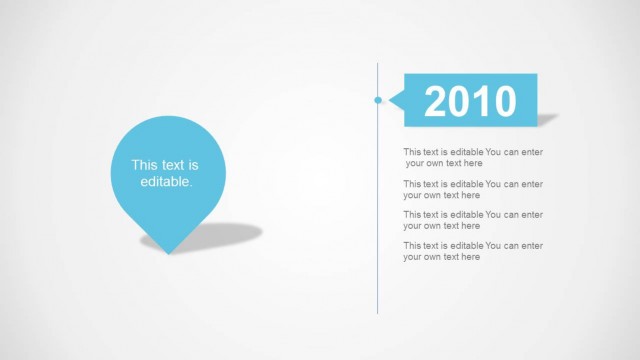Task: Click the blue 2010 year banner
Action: [x=470, y=100]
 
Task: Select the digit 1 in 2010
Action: [x=459, y=101]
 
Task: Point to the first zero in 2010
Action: [x=481, y=101]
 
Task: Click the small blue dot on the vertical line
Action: [x=378, y=100]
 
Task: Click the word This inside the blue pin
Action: [x=145, y=165]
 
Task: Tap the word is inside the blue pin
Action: [x=194, y=165]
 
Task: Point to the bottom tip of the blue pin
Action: [x=168, y=252]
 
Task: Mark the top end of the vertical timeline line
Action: [x=378, y=64]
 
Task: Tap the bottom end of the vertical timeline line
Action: [x=378, y=312]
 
